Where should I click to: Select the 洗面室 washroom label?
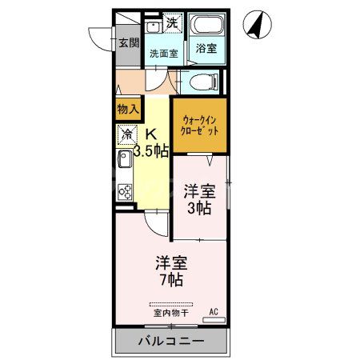point(164,54)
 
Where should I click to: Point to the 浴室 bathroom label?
point(206,48)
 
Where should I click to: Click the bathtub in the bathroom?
point(207,26)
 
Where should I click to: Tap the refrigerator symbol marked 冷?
point(126,137)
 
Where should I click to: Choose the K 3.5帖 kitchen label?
point(151,142)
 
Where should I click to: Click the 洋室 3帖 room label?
point(198,199)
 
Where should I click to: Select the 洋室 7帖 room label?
point(170,271)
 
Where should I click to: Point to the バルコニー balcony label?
point(171,342)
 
